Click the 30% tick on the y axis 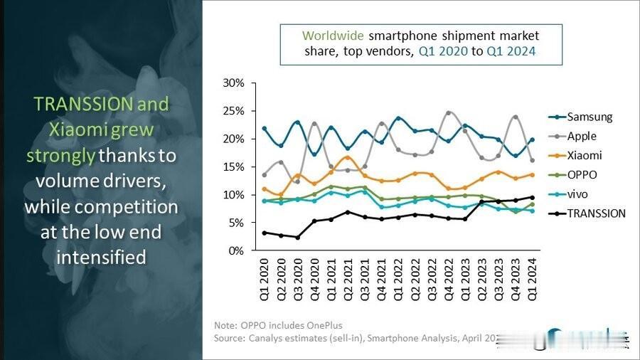tap(234, 83)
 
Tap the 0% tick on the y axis tap(237, 250)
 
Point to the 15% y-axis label tap(234, 166)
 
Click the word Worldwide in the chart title tap(331, 36)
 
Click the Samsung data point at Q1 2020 tap(265, 129)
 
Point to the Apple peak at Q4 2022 tap(448, 112)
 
